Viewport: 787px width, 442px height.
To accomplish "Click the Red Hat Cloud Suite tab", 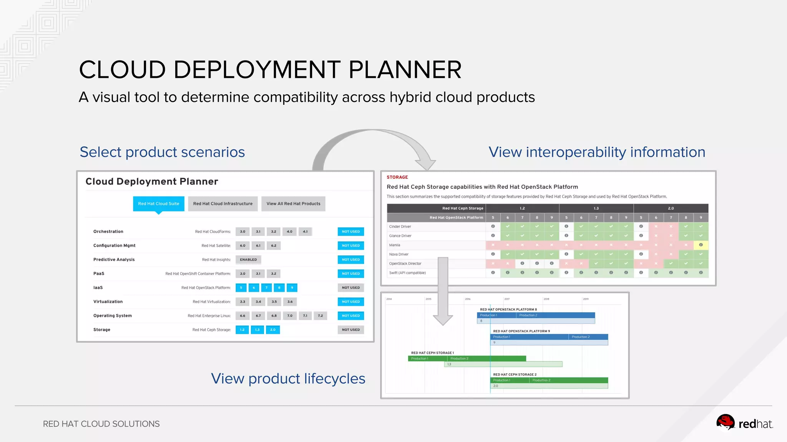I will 158,204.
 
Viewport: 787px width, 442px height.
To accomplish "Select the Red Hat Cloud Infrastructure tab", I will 223,204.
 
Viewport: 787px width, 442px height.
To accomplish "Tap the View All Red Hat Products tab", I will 293,204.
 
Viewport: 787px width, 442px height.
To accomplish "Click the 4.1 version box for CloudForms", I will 305,232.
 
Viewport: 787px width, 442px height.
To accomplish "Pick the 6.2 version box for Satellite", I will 274,246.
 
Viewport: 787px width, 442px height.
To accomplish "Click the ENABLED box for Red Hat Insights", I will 248,260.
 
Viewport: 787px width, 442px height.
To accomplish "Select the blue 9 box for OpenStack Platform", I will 292,288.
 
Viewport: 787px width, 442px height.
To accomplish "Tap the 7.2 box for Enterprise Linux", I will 320,316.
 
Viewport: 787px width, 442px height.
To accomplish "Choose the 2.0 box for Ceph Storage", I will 273,330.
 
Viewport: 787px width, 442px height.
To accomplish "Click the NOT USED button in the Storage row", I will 351,330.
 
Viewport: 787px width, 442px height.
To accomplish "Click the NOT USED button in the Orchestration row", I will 351,232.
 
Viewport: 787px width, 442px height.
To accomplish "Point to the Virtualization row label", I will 108,302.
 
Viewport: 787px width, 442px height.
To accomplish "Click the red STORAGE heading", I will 397,177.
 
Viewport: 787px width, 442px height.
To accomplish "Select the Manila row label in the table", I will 395,245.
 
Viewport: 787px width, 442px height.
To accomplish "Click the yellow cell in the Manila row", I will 701,245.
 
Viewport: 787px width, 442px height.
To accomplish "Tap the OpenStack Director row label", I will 405,264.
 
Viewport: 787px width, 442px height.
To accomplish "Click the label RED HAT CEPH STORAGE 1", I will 432,353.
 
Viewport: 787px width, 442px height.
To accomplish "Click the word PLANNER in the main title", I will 405,70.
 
